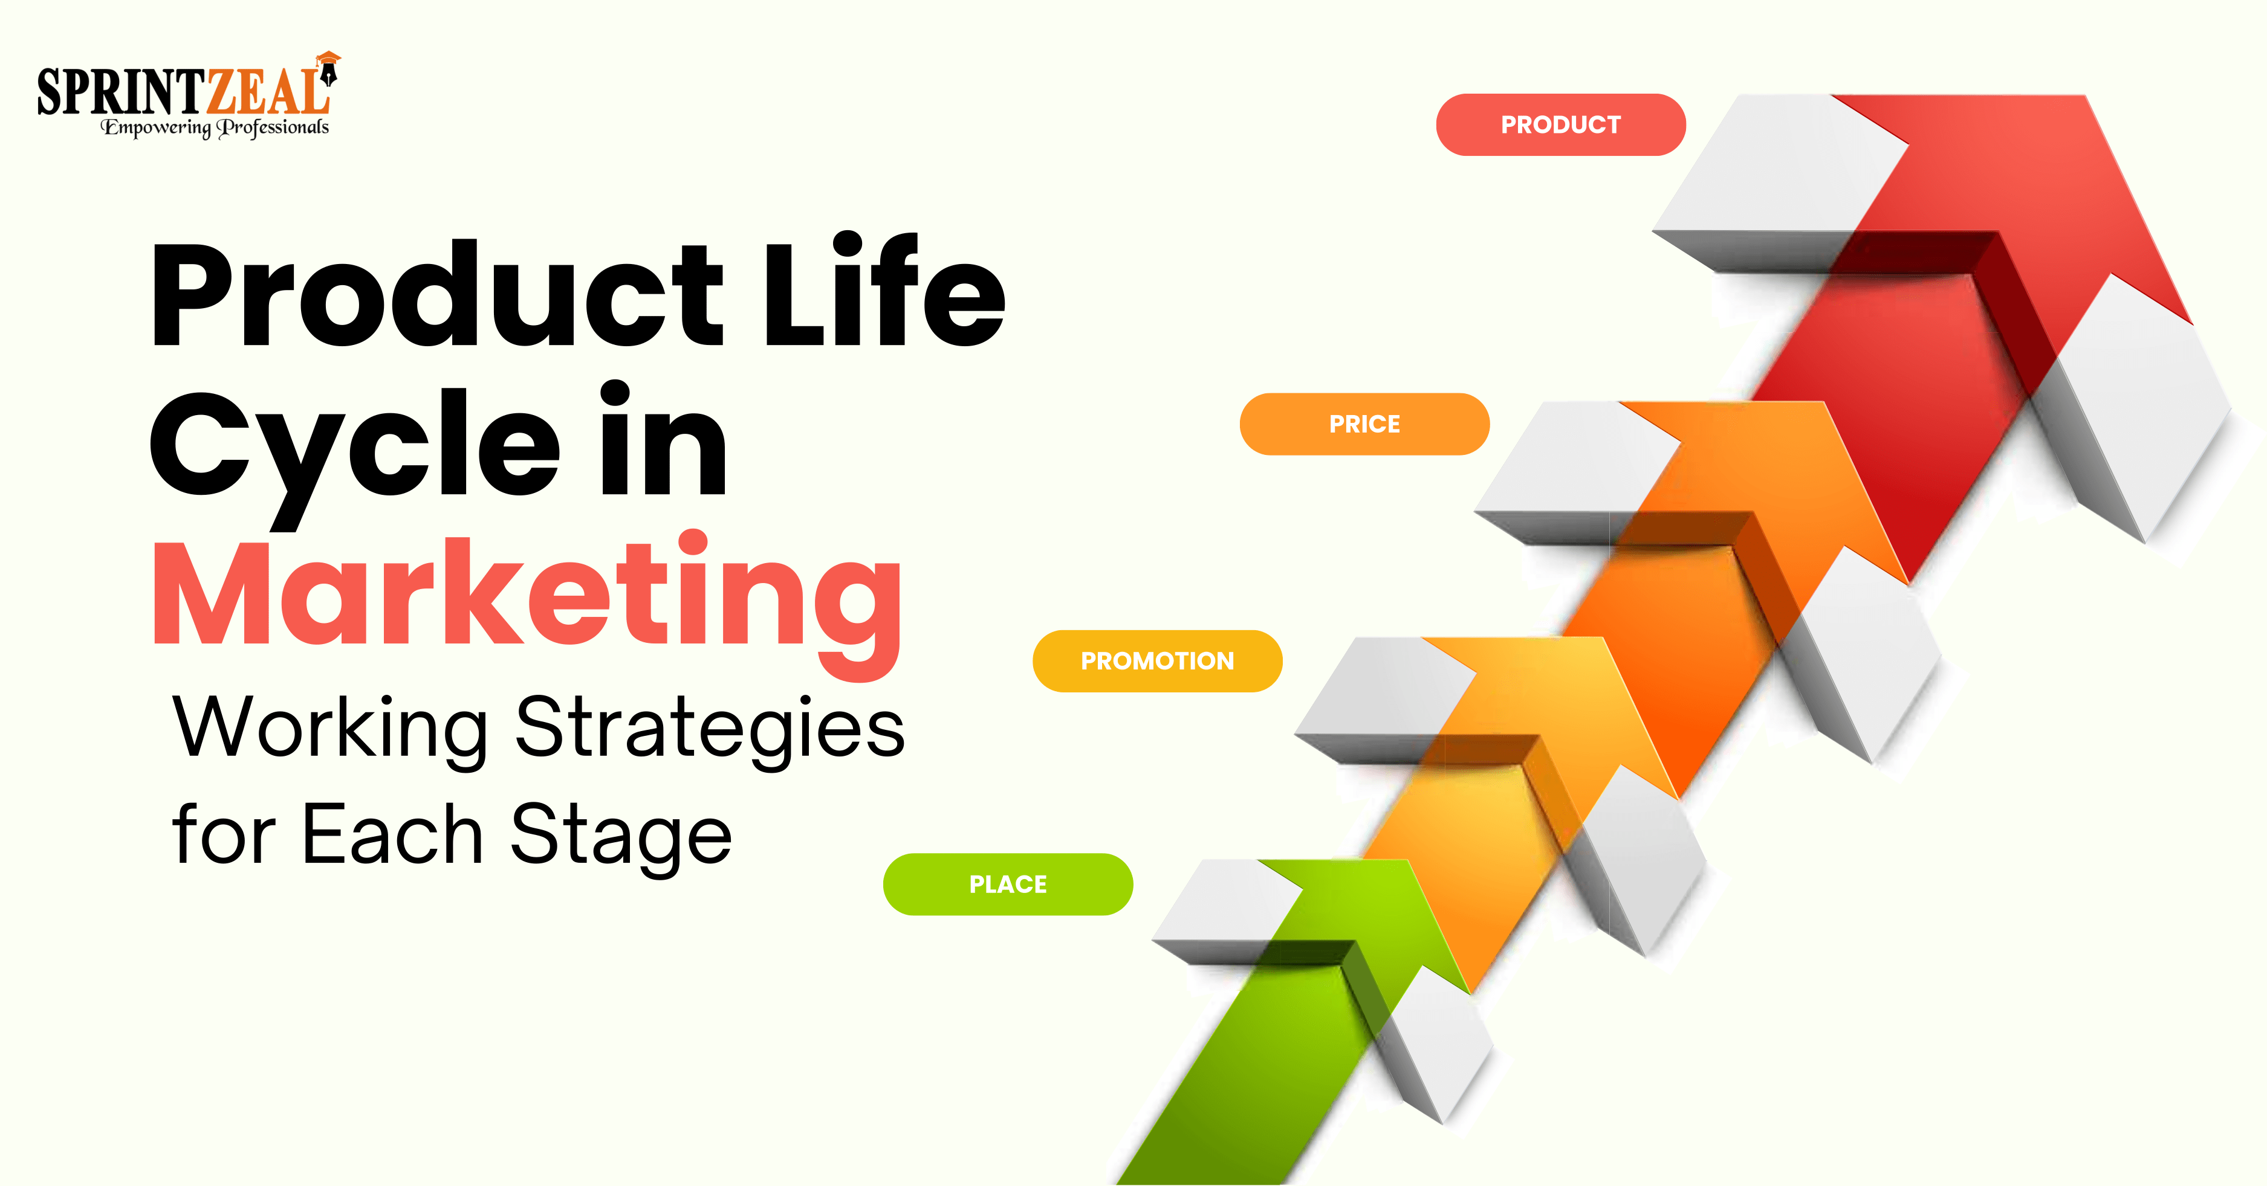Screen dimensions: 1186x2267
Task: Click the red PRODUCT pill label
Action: [1560, 125]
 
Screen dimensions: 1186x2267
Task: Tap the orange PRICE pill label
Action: [1364, 424]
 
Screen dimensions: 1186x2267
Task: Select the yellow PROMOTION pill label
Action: [1157, 661]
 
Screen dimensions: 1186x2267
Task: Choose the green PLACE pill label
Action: [1008, 885]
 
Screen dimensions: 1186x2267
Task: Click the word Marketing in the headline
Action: [527, 598]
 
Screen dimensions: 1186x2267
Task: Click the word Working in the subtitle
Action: [330, 729]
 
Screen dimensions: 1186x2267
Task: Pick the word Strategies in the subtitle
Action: [709, 729]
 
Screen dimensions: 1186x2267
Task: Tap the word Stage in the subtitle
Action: [620, 836]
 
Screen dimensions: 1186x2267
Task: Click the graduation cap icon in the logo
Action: [328, 60]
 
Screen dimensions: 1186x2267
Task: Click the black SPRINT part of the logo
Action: [119, 92]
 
